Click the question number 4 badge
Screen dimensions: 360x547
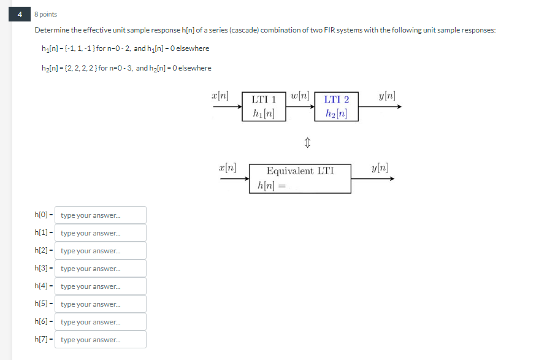pos(20,13)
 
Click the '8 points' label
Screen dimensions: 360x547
pos(46,14)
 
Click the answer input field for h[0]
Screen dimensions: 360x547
pos(101,215)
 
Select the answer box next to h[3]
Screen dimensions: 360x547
pos(101,269)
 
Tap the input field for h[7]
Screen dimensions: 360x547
pos(101,340)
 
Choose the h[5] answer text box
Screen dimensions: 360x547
pos(101,304)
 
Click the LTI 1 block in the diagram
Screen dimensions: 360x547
pos(264,106)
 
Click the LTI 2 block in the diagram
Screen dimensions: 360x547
pos(336,106)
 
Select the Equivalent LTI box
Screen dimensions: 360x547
pos(300,178)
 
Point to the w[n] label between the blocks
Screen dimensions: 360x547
pos(301,97)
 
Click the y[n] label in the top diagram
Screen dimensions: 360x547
pos(387,96)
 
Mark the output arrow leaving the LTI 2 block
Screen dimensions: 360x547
pos(380,106)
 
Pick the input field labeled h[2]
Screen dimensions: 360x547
pos(101,251)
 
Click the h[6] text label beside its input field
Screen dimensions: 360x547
pos(43,322)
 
